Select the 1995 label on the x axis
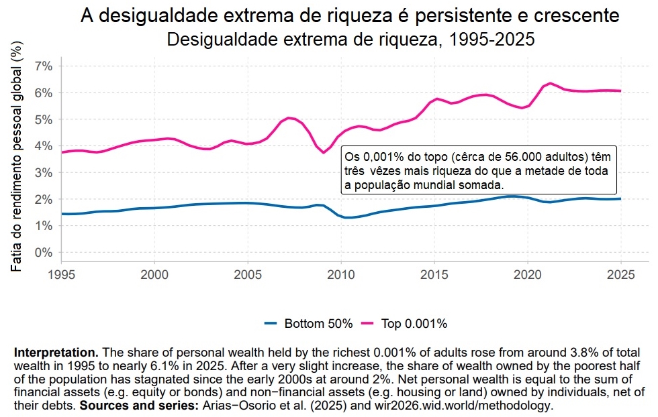click(62, 274)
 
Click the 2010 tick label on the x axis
click(341, 274)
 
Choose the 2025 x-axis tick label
click(621, 274)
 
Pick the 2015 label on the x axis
click(434, 274)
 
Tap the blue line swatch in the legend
click(270, 324)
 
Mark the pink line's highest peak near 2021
click(551, 83)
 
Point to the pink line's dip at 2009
click(324, 153)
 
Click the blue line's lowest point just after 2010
click(348, 218)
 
